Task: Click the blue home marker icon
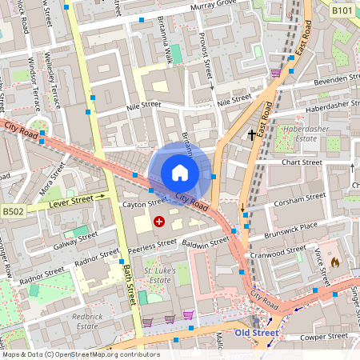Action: [180, 172]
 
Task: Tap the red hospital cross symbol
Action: [159, 220]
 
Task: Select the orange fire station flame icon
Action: [335, 261]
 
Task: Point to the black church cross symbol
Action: [252, 134]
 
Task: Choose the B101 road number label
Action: [342, 10]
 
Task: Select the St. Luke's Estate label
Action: [158, 276]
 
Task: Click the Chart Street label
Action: [302, 162]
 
